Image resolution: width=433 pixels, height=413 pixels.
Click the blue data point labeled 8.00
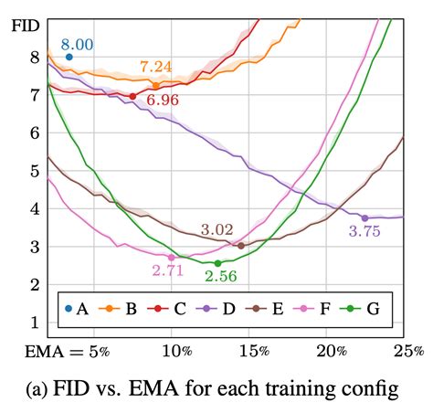click(69, 57)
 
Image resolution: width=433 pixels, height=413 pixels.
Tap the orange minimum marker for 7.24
click(156, 85)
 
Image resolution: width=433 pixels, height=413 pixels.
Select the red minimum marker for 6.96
click(132, 96)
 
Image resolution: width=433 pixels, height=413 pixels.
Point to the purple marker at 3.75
click(364, 217)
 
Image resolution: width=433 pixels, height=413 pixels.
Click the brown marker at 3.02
click(240, 246)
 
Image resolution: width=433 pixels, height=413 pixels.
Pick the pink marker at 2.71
click(171, 258)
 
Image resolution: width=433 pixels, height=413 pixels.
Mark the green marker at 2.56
click(217, 263)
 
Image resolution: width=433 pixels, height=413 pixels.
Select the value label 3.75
click(365, 232)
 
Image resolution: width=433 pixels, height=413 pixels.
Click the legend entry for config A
click(75, 309)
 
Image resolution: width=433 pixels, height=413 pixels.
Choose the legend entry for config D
click(217, 309)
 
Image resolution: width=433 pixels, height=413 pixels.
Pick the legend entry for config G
click(364, 309)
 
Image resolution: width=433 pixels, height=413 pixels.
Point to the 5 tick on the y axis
click(34, 171)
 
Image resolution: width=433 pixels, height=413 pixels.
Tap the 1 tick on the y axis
click(34, 323)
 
